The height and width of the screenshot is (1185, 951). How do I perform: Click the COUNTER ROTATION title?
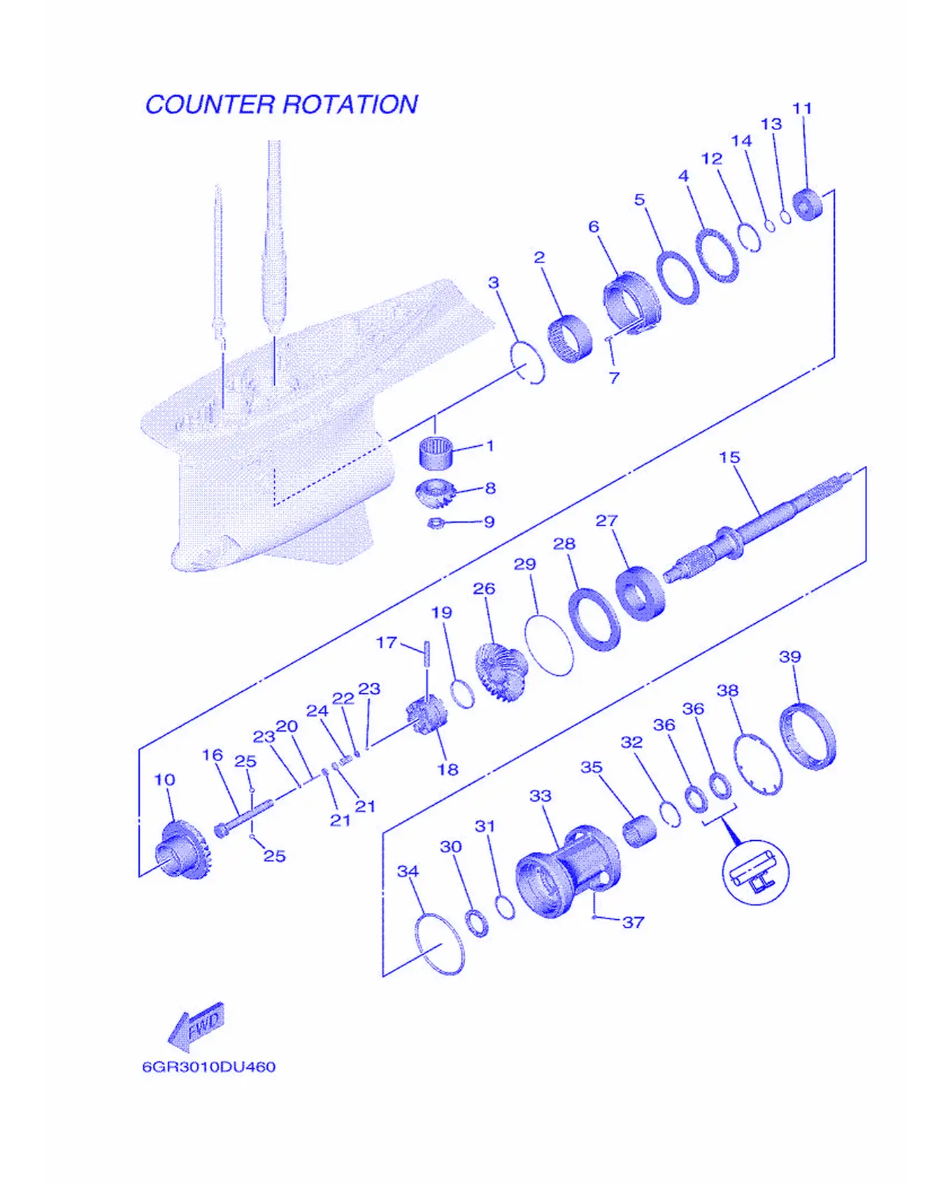pos(281,105)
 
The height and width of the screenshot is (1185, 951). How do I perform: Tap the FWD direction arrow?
pos(197,1027)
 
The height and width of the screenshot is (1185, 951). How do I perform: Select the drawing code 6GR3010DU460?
pos(208,1067)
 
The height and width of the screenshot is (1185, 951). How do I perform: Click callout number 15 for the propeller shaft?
pos(729,457)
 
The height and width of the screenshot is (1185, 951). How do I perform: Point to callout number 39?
pos(789,657)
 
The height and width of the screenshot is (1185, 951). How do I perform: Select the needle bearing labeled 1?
pos(436,452)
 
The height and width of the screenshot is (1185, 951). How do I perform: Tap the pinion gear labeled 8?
pos(436,495)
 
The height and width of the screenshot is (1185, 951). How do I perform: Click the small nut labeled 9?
pos(434,523)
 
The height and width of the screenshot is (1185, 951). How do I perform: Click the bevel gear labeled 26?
pos(501,672)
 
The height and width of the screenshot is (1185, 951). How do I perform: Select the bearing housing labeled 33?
pos(568,871)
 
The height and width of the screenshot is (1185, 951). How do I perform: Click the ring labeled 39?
pos(808,736)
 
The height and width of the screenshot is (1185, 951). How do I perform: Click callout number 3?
pos(494,283)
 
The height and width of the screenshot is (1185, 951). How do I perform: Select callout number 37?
pos(633,922)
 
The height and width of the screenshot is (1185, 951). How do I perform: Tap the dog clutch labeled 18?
pos(426,715)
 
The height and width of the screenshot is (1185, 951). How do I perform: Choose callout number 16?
pos(212,755)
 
